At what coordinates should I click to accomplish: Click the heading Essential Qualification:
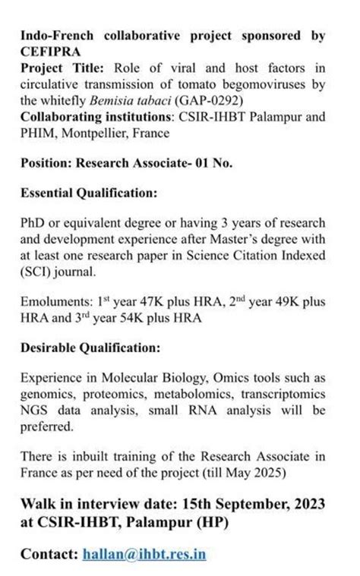pos(89,194)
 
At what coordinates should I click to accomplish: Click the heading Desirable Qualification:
pos(90,348)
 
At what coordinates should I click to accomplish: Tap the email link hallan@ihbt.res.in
pos(144,555)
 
